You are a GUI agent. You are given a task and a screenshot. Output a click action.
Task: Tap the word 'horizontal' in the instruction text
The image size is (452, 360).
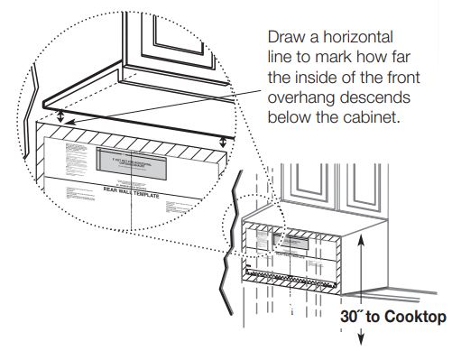tap(352, 38)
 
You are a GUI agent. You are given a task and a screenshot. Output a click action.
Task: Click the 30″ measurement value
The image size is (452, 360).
tap(351, 317)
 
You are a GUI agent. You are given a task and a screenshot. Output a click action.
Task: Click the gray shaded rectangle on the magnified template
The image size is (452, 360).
tap(131, 162)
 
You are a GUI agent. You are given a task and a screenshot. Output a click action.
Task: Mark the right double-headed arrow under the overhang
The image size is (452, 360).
tap(223, 140)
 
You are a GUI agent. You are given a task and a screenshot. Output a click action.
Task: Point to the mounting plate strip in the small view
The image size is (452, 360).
tap(289, 272)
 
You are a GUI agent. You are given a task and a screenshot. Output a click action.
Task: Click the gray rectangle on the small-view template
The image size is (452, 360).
tap(290, 240)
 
